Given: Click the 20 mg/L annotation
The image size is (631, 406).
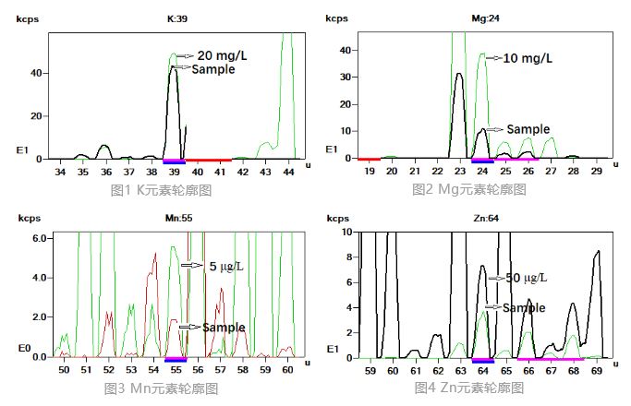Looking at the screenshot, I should (223, 55).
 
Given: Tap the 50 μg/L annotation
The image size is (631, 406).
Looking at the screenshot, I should (524, 277).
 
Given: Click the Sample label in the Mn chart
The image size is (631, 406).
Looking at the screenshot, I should (224, 327).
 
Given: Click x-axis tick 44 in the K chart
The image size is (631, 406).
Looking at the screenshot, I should (288, 172).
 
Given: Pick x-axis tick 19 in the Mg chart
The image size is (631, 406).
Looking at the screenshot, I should (369, 172).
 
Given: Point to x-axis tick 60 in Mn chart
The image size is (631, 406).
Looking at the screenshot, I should (287, 370).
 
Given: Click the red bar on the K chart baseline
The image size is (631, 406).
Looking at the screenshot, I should (209, 161).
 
